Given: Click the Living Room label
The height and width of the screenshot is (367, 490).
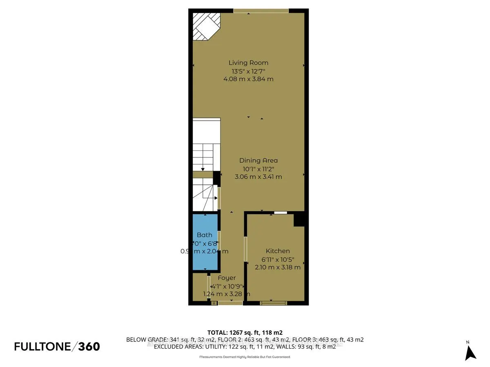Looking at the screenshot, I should (248, 63).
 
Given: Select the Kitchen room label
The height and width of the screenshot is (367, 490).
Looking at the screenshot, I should (278, 251).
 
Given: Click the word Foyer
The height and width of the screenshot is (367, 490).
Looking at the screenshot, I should (227, 278).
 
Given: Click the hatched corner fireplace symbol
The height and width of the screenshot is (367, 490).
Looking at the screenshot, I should (206, 26).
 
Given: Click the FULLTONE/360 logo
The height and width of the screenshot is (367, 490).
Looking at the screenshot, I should (57, 347).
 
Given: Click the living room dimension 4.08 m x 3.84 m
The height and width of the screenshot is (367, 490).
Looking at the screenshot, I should (248, 79).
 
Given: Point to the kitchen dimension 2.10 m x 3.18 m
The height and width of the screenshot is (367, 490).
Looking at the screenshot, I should (278, 268).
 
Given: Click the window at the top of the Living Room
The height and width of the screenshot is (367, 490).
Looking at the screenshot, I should (261, 11).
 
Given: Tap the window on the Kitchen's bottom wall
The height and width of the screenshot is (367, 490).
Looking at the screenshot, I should (273, 303).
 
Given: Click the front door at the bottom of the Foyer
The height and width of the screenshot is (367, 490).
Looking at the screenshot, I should (230, 303).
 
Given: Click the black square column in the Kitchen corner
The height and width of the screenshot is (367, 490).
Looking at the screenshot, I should (300, 219).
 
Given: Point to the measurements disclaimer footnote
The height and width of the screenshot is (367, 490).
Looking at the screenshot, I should (245, 357).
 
